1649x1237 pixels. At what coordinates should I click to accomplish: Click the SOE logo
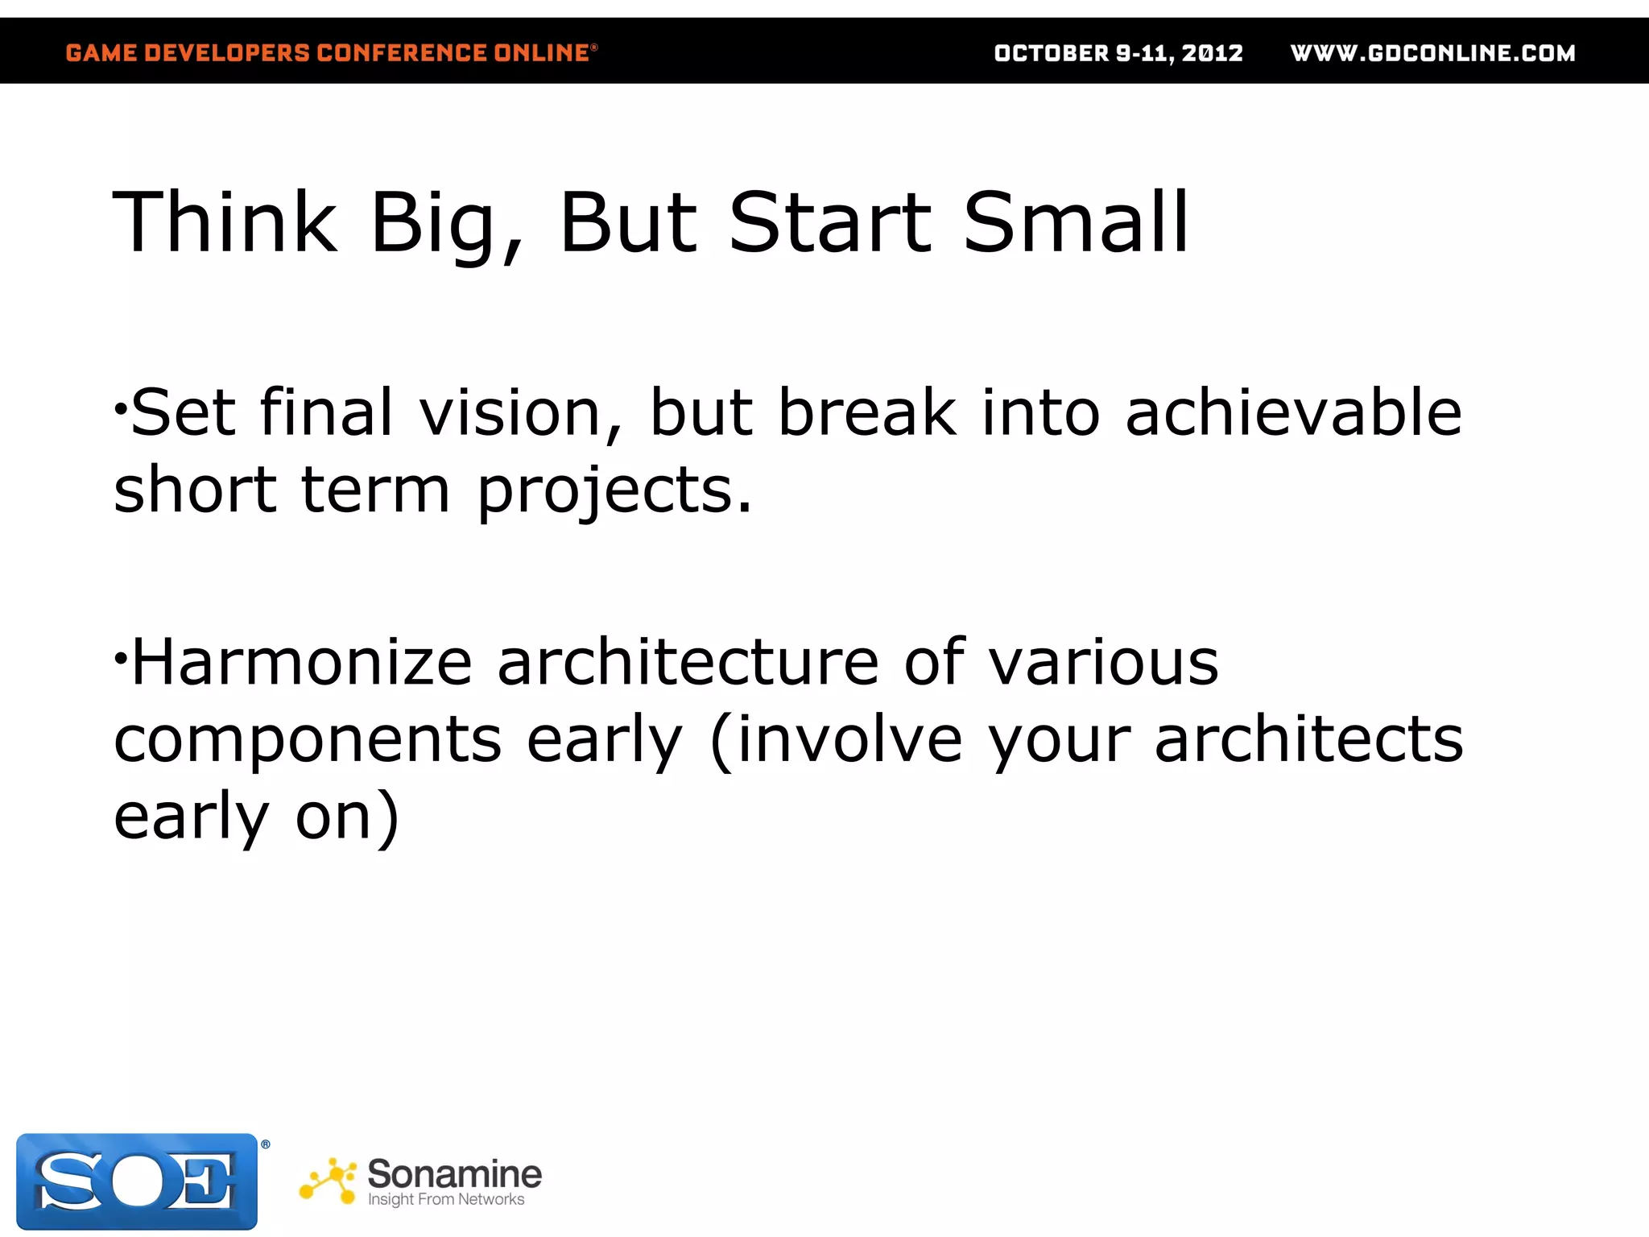coord(137,1181)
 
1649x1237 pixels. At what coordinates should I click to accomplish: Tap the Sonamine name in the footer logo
coord(454,1173)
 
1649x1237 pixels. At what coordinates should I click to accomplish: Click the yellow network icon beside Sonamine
coord(328,1181)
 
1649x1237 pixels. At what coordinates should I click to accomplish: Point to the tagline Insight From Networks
coord(446,1200)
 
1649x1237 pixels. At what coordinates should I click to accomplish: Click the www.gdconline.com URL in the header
coord(1432,53)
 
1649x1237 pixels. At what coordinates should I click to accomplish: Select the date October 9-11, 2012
coord(1118,53)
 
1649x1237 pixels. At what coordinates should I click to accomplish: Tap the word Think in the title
coord(225,223)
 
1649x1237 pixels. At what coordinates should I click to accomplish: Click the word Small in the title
coord(1076,223)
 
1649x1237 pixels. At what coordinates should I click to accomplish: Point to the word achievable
coord(1293,413)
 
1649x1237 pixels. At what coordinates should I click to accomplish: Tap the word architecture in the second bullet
coord(688,662)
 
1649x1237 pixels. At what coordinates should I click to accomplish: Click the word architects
coord(1308,739)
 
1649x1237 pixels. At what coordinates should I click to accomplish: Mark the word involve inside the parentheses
coord(849,739)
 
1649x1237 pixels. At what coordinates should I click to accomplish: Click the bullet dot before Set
coord(120,408)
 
